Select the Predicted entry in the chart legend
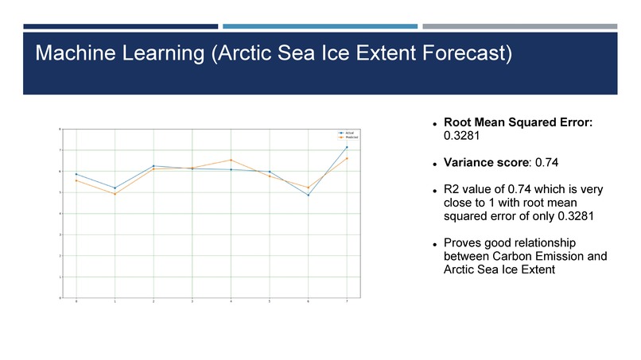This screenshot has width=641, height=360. click(x=351, y=137)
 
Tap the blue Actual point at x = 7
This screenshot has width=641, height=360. click(x=347, y=147)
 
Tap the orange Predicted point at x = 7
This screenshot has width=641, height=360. click(x=347, y=158)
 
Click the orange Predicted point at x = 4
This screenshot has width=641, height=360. click(x=231, y=160)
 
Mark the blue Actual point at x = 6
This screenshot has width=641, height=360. click(x=308, y=195)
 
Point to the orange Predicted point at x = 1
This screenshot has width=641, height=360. click(x=115, y=194)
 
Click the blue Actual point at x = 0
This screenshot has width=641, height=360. click(x=76, y=174)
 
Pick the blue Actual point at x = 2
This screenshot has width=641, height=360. click(x=153, y=166)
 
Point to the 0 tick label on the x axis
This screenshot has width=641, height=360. click(x=76, y=303)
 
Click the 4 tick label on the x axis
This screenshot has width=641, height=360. click(x=231, y=303)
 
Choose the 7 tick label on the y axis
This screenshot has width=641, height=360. click(x=63, y=149)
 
